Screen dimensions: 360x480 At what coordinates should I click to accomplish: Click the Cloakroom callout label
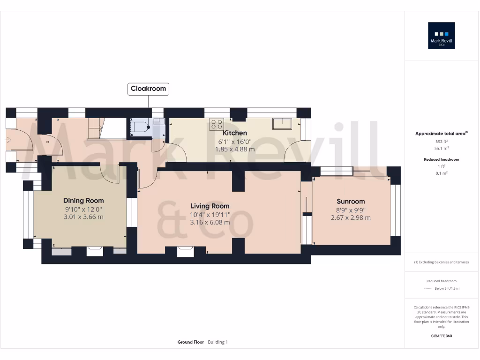pyautogui.click(x=148, y=89)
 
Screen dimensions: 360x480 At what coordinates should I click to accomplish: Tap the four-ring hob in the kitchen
pyautogui.click(x=217, y=124)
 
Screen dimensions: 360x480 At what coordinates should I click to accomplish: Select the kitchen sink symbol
pyautogui.click(x=282, y=124)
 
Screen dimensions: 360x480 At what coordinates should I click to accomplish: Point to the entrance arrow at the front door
pyautogui.click(x=9, y=139)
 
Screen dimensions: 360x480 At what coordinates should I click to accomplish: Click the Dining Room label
pyautogui.click(x=83, y=201)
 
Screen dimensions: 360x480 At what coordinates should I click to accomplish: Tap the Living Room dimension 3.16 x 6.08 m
pyautogui.click(x=210, y=222)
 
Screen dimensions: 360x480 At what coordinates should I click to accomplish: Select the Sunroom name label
pyautogui.click(x=351, y=202)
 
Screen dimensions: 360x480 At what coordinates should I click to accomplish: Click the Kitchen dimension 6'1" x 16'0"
pyautogui.click(x=234, y=142)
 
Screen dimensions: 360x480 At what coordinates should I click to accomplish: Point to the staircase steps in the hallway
pyautogui.click(x=95, y=128)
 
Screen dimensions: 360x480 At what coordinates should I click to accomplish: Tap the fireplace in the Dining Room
pyautogui.click(x=95, y=250)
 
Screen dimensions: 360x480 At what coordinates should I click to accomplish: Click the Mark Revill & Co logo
pyautogui.click(x=441, y=36)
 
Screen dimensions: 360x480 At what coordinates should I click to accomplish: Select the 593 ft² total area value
pyautogui.click(x=441, y=141)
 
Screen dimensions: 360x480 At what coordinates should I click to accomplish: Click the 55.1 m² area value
pyautogui.click(x=441, y=148)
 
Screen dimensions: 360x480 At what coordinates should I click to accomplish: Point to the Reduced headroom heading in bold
pyautogui.click(x=441, y=159)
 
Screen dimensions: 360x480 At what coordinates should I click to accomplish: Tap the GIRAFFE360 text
pyautogui.click(x=441, y=336)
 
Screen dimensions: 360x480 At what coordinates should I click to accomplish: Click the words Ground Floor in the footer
pyautogui.click(x=191, y=342)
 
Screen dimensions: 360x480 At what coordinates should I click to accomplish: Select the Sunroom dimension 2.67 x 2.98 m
pyautogui.click(x=351, y=217)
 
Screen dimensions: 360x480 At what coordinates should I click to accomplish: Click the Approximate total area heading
pyautogui.click(x=441, y=134)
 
